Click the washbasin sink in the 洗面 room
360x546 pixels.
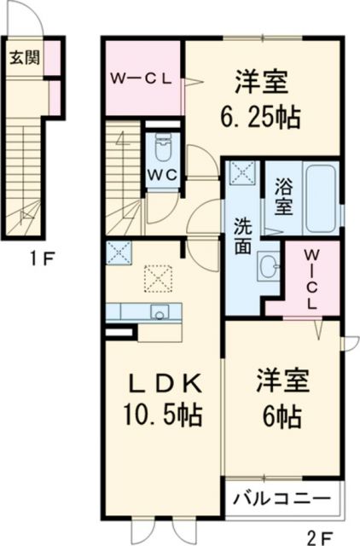point(269,267)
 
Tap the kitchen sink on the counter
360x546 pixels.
point(159,312)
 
